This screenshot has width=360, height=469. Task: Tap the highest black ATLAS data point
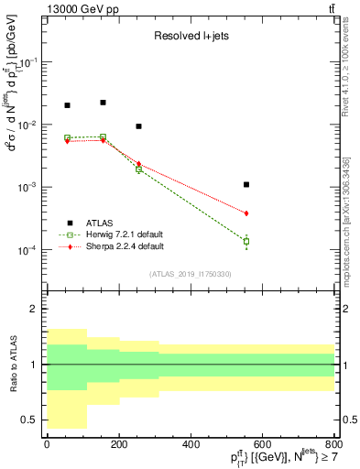103,103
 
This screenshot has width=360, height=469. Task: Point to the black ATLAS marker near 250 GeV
138,126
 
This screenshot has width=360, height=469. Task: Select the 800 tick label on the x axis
333,444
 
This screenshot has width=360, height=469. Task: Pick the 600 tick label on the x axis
262,444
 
